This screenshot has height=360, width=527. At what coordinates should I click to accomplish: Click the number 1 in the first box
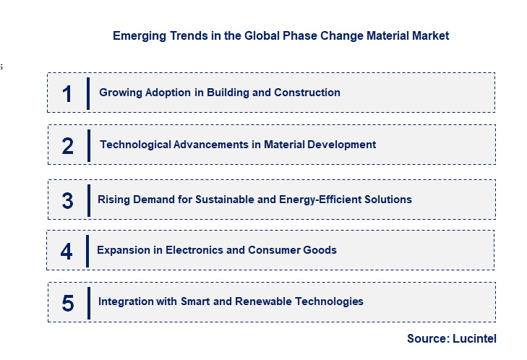(x=67, y=93)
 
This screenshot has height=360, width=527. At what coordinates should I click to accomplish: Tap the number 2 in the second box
(x=68, y=145)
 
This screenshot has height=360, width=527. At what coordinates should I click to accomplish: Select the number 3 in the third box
(x=67, y=200)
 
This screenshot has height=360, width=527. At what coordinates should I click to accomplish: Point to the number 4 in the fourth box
(x=67, y=251)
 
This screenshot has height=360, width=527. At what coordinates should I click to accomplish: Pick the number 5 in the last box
(x=68, y=303)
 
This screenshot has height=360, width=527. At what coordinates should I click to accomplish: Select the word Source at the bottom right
(x=427, y=338)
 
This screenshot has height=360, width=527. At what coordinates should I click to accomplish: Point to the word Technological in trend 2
(x=135, y=145)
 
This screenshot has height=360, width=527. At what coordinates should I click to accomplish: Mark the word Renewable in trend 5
(x=272, y=301)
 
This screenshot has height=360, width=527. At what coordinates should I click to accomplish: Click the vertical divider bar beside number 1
(x=87, y=93)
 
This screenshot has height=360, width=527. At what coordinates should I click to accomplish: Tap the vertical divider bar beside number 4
(x=87, y=251)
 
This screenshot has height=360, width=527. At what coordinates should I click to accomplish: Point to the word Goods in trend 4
(x=321, y=250)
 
